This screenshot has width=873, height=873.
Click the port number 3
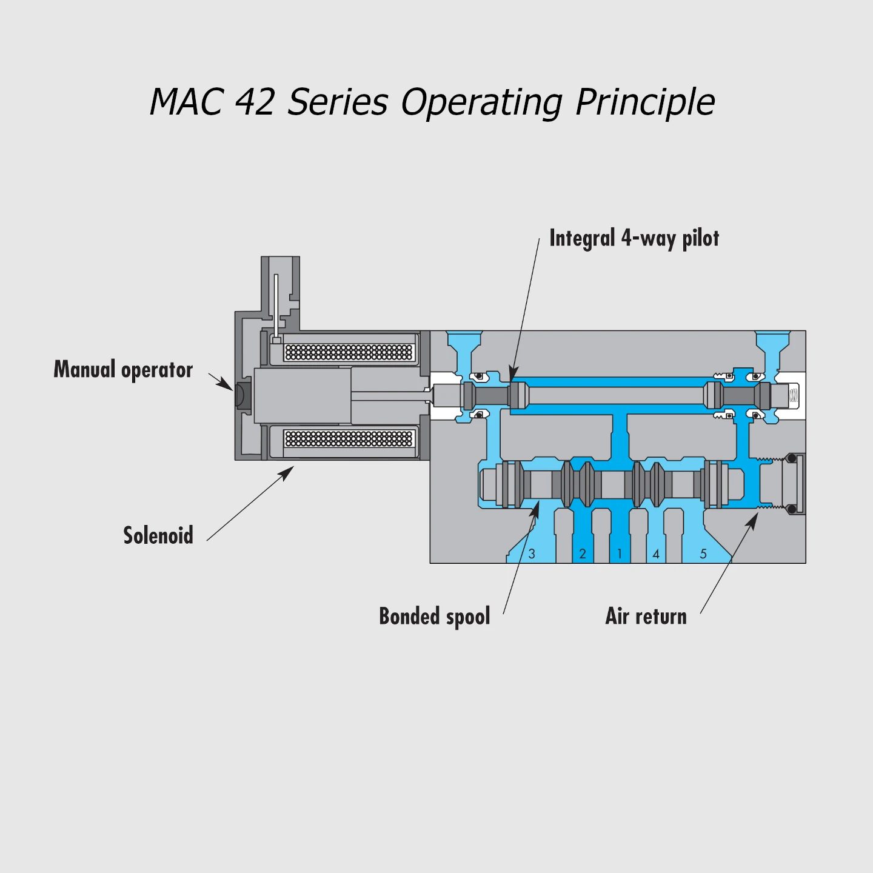click(532, 554)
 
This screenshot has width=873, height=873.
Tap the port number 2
click(583, 554)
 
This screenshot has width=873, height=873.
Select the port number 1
click(620, 554)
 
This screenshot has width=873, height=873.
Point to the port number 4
click(656, 554)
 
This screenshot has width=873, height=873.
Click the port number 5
click(703, 554)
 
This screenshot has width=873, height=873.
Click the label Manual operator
click(123, 370)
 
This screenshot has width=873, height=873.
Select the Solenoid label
click(158, 536)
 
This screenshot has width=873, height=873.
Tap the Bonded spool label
click(434, 617)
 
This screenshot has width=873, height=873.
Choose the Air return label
click(646, 617)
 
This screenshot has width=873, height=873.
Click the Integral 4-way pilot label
click(634, 238)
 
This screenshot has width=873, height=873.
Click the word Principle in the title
click(645, 102)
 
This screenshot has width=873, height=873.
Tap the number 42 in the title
click(255, 102)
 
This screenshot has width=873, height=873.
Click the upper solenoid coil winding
click(349, 352)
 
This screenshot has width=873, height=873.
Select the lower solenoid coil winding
click(349, 438)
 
